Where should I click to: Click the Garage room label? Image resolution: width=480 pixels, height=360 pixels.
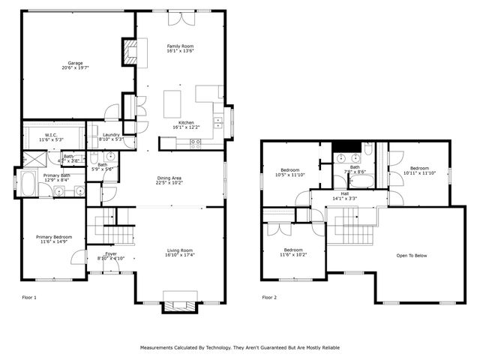click(75, 63)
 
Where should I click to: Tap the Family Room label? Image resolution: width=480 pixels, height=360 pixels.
click(180, 46)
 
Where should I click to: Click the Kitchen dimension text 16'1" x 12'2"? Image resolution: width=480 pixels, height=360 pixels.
click(186, 127)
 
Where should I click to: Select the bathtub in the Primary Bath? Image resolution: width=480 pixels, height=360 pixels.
click(28, 181)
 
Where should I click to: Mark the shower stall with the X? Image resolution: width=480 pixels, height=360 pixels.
click(33, 157)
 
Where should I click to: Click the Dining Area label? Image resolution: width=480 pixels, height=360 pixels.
click(169, 177)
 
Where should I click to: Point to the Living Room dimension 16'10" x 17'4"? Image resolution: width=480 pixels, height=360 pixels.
click(180, 256)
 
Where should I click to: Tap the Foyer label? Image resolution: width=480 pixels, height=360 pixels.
click(111, 253)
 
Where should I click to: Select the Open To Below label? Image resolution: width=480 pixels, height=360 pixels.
click(411, 256)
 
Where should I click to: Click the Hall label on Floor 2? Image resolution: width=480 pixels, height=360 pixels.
click(344, 193)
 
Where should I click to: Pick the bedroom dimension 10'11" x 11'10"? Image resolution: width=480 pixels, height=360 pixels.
click(419, 173)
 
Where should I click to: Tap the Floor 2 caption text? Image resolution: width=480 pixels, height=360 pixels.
click(269, 298)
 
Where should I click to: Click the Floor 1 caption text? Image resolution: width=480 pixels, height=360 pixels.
click(29, 298)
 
